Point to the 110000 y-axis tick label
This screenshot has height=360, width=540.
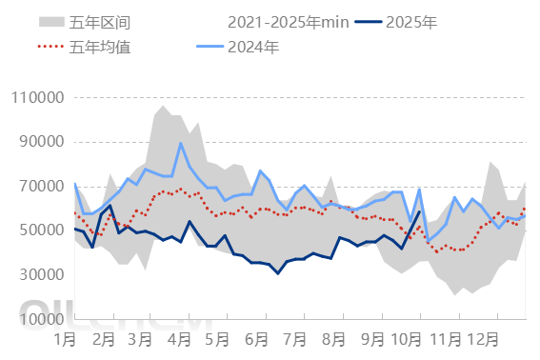[x=37, y=97]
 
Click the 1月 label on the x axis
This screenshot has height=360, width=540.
[x=66, y=338]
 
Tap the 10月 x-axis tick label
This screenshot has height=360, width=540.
[x=407, y=338]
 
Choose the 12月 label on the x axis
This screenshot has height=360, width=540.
[x=486, y=338]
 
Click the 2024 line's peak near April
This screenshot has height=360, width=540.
[x=181, y=144]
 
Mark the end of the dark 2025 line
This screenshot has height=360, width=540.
[x=419, y=211]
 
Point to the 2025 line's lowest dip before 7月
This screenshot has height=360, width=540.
[x=278, y=273]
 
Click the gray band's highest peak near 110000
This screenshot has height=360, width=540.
[x=164, y=105]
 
